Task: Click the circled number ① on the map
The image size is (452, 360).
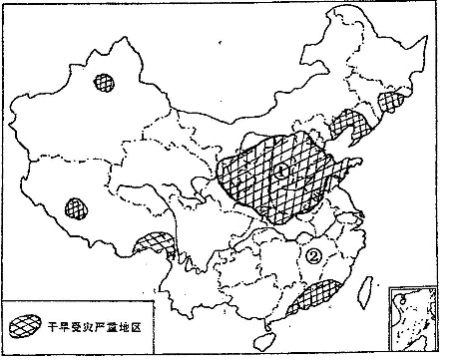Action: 282,172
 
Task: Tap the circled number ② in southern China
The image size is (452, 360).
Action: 315,255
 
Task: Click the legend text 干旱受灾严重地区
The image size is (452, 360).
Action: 95,326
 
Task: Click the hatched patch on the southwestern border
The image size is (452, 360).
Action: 154,241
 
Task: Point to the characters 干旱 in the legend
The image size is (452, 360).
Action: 56,326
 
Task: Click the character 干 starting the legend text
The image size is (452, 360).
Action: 50,326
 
